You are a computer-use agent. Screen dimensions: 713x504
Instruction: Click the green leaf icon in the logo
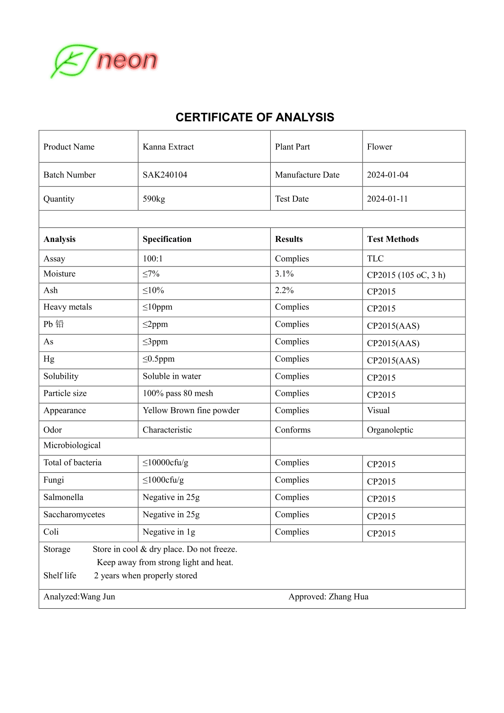point(73,61)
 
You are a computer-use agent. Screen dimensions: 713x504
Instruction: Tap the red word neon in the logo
point(127,61)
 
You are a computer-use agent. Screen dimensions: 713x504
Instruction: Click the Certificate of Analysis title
point(255,117)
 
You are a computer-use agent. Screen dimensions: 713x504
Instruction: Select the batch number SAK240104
point(165,175)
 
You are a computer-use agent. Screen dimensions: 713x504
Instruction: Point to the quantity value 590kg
point(154,199)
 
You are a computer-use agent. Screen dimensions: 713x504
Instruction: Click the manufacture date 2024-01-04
point(387,175)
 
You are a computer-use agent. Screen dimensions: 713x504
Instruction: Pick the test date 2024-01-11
point(387,199)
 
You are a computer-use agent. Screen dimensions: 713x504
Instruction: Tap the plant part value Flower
point(379,147)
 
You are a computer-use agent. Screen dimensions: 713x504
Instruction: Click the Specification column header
point(167,239)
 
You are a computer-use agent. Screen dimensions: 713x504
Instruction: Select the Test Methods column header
point(393,239)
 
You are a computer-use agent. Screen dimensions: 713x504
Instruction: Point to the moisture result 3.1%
point(284,274)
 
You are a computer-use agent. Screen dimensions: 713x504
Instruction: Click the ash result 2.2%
point(284,291)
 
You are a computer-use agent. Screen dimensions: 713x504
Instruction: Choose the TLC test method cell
point(375,259)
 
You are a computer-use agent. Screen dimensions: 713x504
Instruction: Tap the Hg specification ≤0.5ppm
point(158,359)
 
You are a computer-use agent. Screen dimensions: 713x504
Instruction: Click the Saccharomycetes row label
point(74,515)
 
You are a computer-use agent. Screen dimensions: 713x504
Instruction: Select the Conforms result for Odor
point(293,430)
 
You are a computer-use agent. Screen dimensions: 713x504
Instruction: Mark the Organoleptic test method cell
point(390,430)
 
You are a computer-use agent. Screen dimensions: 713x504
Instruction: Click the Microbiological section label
point(72,445)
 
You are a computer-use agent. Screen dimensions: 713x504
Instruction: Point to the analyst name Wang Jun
point(97,597)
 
